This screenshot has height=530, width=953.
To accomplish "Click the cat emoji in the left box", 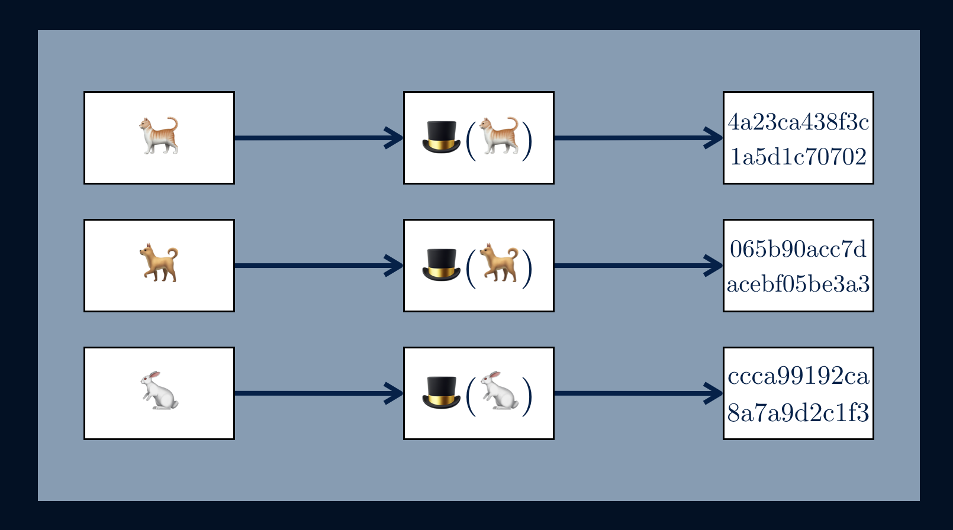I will pos(159,136).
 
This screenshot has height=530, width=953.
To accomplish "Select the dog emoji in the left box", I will pos(159,263).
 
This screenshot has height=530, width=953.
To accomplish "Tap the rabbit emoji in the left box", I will pos(159,391).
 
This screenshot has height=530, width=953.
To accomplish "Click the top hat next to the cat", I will pos(441,137).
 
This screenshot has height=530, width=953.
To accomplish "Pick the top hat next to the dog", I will pos(441,265).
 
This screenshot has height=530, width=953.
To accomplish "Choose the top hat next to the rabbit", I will pos(441,393).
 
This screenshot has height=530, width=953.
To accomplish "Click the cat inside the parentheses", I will pos(499,136).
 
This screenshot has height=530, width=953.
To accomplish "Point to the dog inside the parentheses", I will pos(499,263).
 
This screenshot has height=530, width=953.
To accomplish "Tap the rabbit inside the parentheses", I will pos(499,391).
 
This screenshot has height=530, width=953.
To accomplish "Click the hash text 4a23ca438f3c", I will pos(798,122).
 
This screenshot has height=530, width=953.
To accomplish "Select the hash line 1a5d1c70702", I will pos(798,157).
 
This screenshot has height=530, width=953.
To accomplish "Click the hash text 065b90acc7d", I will pos(798,249).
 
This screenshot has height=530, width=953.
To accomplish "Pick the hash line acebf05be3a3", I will pos(798,285).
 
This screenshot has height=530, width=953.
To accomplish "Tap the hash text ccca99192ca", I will pos(798,376).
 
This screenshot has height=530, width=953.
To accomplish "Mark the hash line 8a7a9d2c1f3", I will pos(798,413).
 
